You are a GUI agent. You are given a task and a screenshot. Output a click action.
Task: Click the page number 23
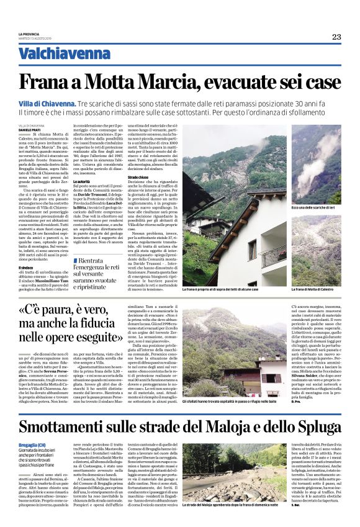coord(336,37)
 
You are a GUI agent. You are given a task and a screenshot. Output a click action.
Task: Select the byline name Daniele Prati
coord(30,128)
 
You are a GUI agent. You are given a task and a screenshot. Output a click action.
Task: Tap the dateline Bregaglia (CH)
coord(32,444)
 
